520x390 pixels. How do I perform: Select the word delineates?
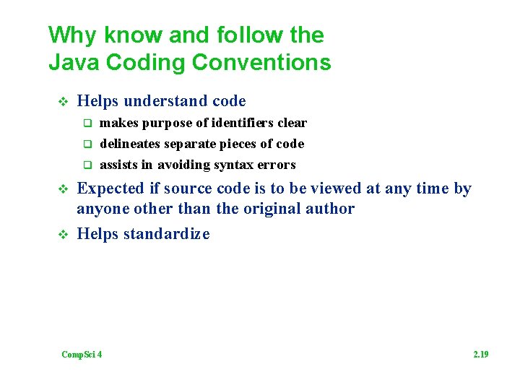pos(130,144)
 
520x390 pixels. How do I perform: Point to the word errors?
pos(277,165)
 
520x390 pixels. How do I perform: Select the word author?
pos(331,209)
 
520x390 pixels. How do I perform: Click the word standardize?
pos(167,234)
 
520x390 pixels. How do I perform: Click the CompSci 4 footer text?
pos(82,354)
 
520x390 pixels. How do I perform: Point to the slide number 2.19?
pos(480,354)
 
